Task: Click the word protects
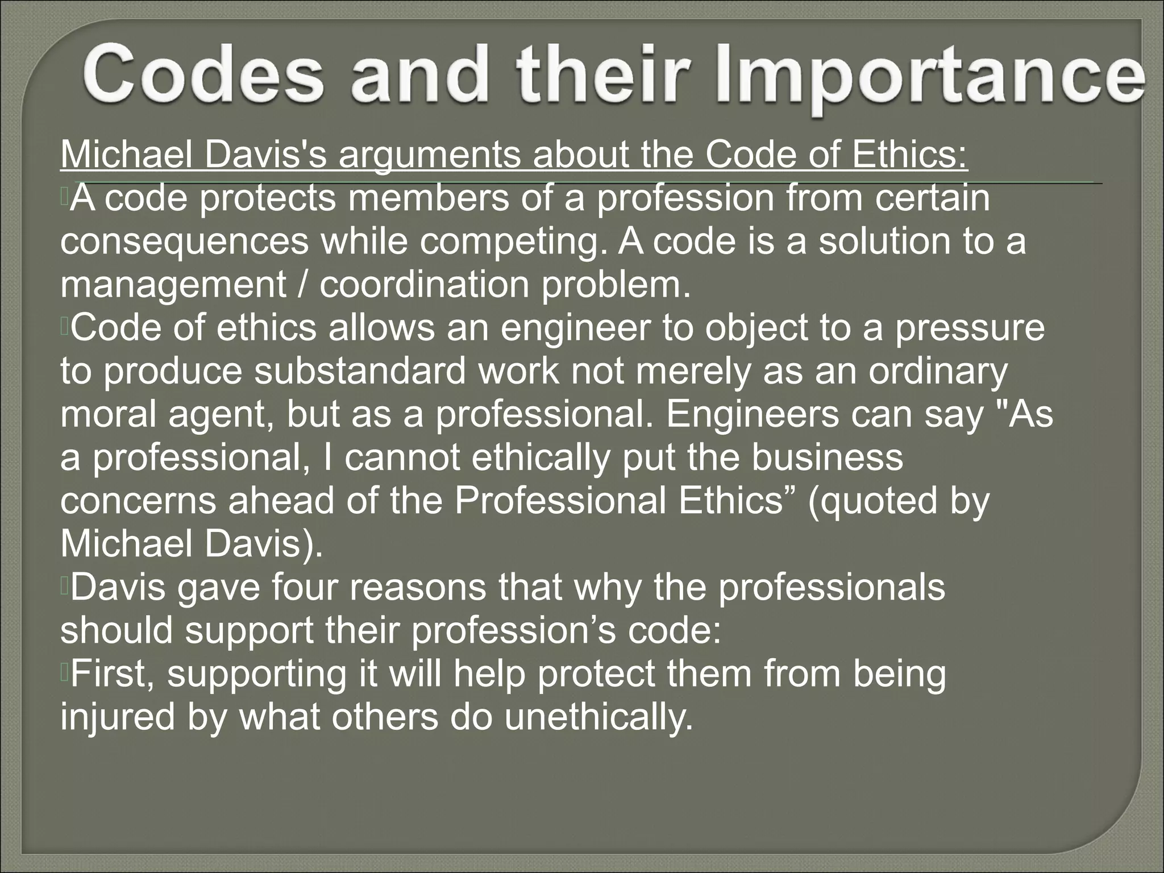pyautogui.click(x=268, y=198)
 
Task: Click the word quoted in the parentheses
pyautogui.click(x=875, y=501)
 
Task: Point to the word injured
pyautogui.click(x=118, y=717)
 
